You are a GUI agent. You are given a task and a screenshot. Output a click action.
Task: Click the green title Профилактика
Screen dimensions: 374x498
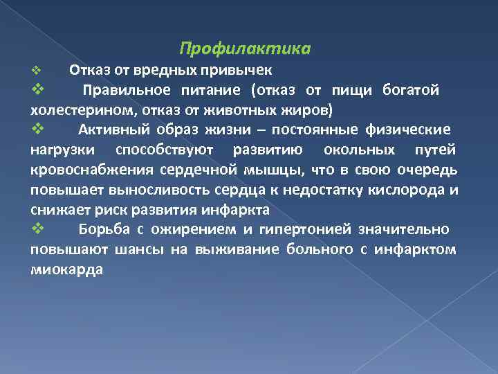(x=245, y=49)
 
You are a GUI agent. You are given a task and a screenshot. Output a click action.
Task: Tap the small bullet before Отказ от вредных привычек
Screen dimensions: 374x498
(x=37, y=71)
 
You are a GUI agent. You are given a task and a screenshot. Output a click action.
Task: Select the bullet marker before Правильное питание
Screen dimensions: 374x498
(x=38, y=90)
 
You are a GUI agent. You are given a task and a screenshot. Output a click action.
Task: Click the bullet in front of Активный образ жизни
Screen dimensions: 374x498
(x=38, y=130)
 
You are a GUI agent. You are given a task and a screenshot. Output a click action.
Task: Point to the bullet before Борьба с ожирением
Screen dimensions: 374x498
(x=38, y=229)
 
